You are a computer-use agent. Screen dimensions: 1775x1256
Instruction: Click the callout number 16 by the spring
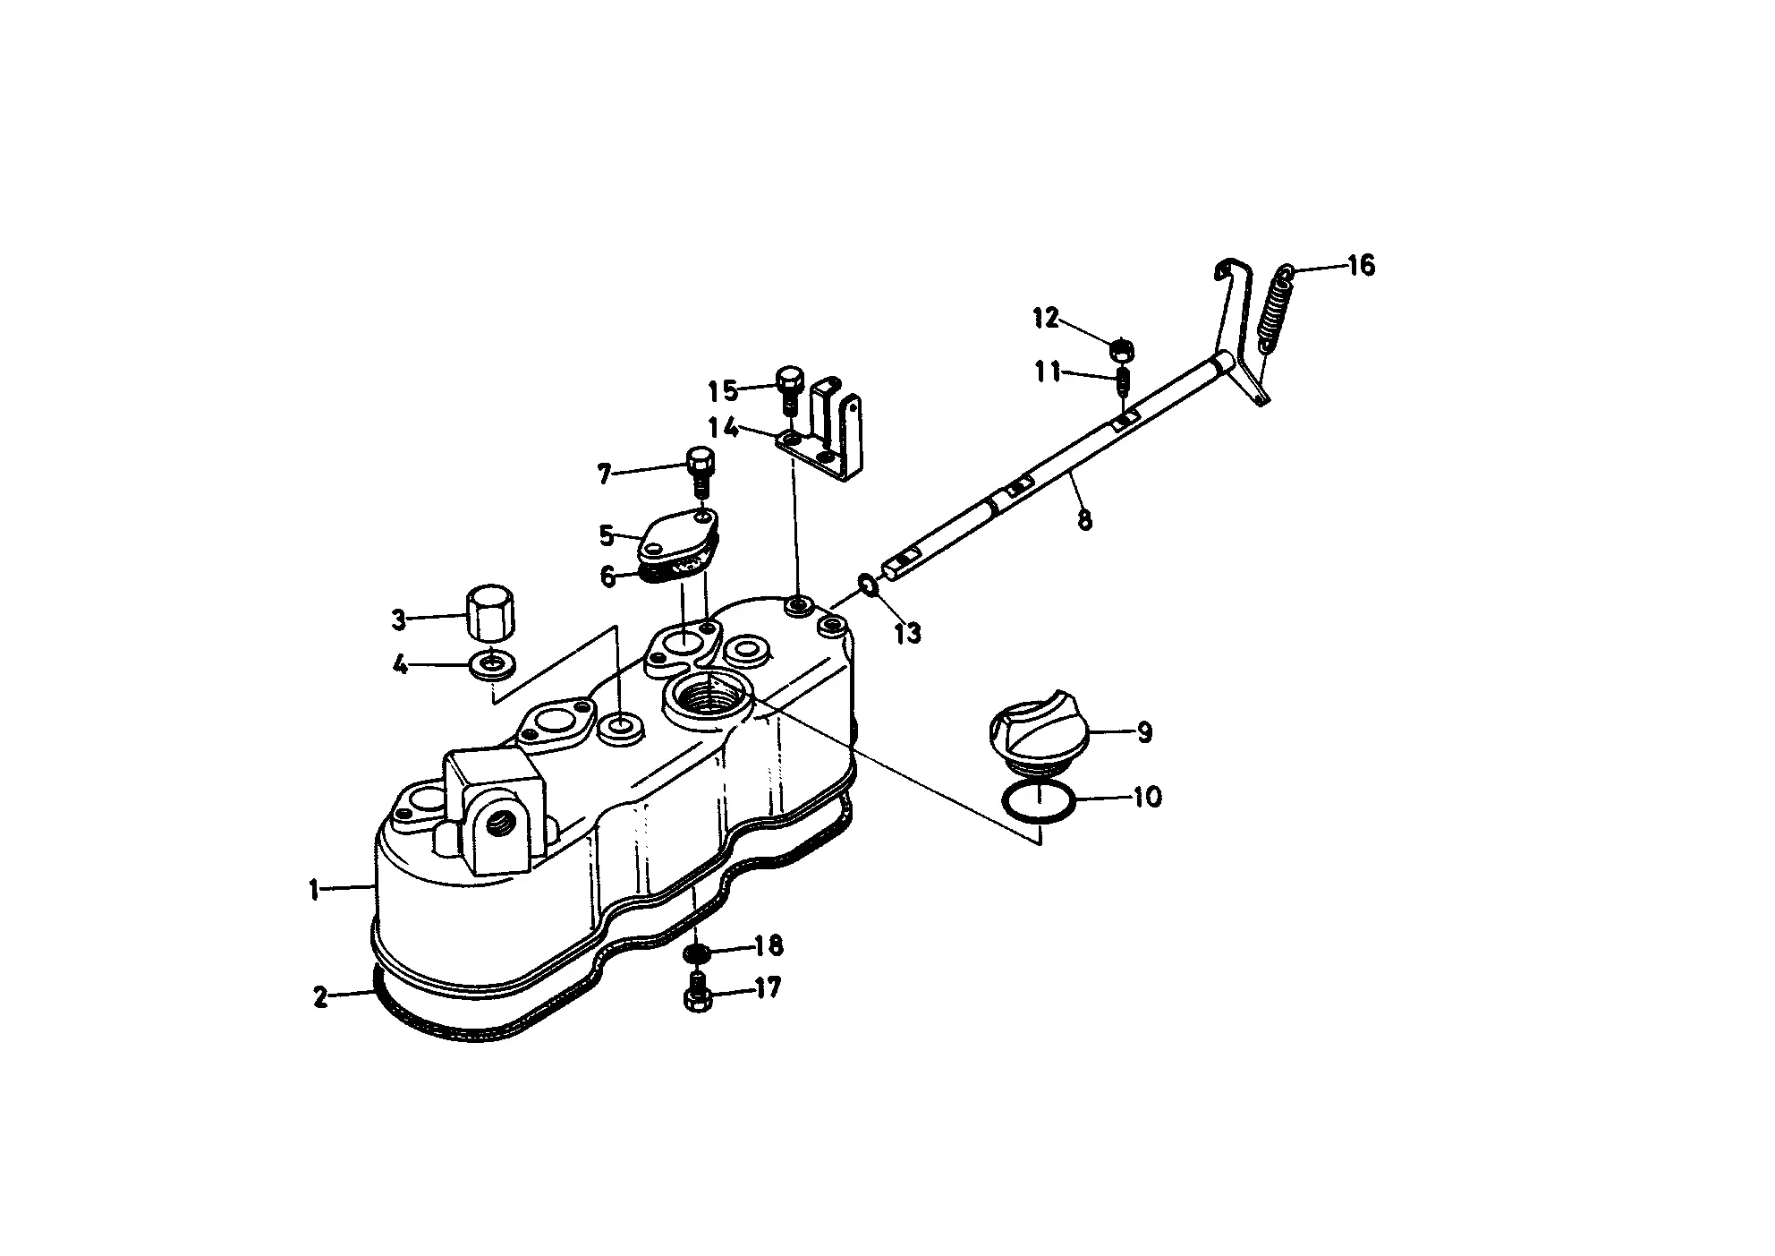coord(1361,266)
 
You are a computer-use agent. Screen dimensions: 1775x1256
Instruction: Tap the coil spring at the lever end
coord(1276,307)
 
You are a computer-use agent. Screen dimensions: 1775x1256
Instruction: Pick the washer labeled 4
coord(492,664)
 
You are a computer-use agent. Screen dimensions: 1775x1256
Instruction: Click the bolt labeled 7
coord(701,472)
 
